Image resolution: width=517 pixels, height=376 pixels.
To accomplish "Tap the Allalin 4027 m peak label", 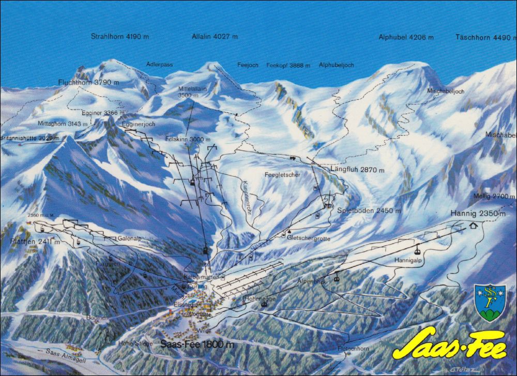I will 215,37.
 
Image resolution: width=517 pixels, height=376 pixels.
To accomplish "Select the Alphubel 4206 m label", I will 406,37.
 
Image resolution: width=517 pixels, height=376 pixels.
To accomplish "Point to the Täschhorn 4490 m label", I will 485,37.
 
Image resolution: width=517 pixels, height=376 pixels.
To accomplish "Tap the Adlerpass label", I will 159,65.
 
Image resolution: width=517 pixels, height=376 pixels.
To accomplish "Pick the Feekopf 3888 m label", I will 288,66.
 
